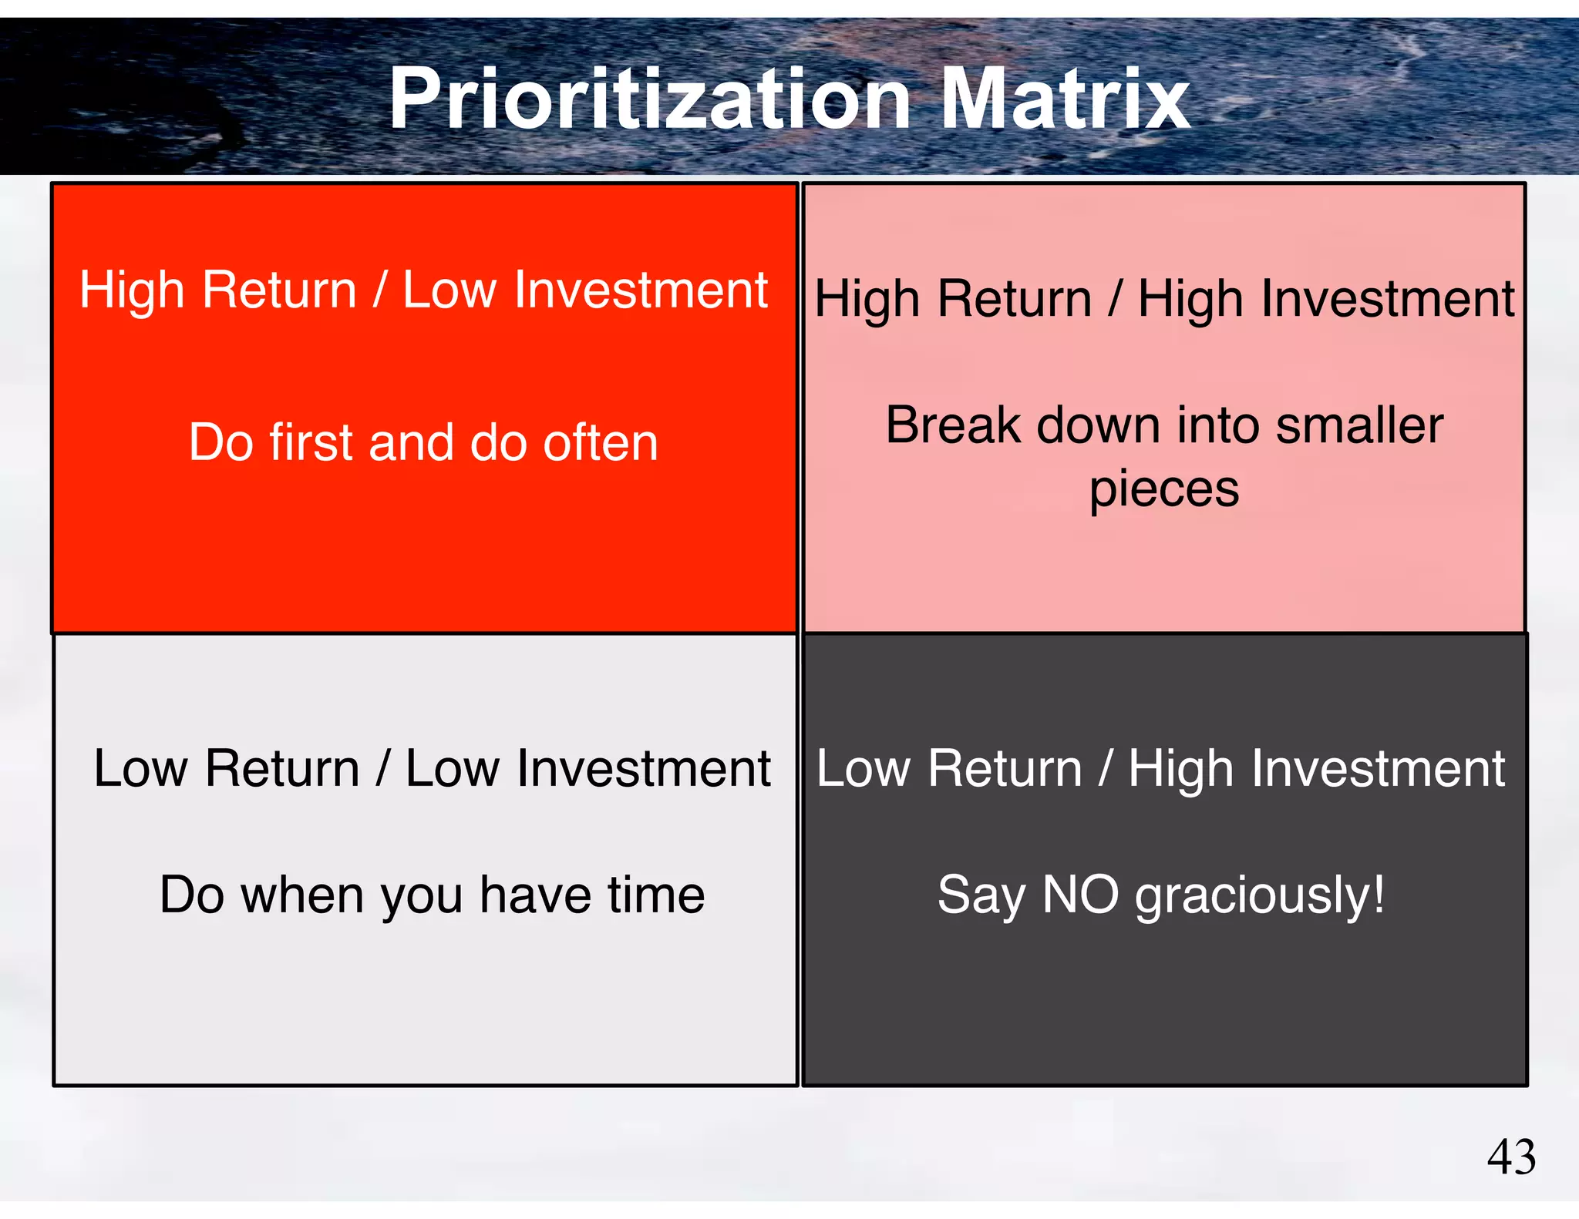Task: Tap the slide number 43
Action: coord(1511,1157)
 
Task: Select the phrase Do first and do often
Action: coord(423,443)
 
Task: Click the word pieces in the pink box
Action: coord(1163,491)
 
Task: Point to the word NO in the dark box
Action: coord(1079,895)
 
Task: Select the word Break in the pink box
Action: coord(954,425)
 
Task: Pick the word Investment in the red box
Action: coord(641,290)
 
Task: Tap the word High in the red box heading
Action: coord(132,292)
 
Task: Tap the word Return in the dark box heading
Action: coord(1005,769)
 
